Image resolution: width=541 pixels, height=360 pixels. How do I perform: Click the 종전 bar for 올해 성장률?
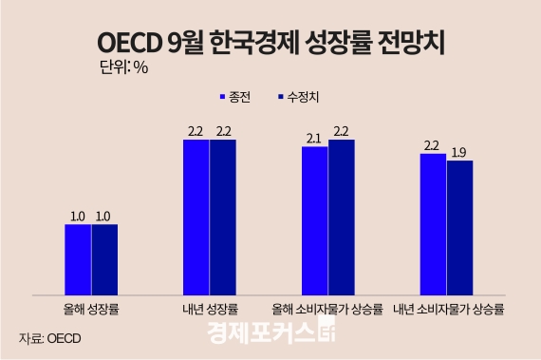click(78, 258)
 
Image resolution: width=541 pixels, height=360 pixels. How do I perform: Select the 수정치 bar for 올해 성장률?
click(104, 258)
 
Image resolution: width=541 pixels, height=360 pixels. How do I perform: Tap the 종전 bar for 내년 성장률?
click(196, 217)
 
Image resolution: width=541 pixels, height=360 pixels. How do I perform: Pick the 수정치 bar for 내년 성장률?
click(223, 217)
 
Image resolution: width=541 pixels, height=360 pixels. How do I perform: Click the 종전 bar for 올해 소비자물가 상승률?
click(314, 219)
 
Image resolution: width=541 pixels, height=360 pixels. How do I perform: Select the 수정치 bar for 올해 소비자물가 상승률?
click(341, 217)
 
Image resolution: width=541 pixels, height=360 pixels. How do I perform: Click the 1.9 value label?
click(459, 152)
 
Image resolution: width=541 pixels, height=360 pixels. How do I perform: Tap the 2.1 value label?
click(314, 139)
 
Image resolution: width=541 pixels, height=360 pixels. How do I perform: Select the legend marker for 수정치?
click(279, 98)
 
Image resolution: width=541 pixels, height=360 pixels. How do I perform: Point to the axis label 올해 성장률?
click(91, 308)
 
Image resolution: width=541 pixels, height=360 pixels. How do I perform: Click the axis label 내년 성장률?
click(210, 308)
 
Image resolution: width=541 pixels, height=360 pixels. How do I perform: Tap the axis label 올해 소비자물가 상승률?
click(327, 308)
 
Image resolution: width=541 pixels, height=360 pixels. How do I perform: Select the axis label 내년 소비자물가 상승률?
click(446, 308)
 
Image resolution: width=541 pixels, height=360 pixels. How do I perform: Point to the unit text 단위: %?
click(123, 67)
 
